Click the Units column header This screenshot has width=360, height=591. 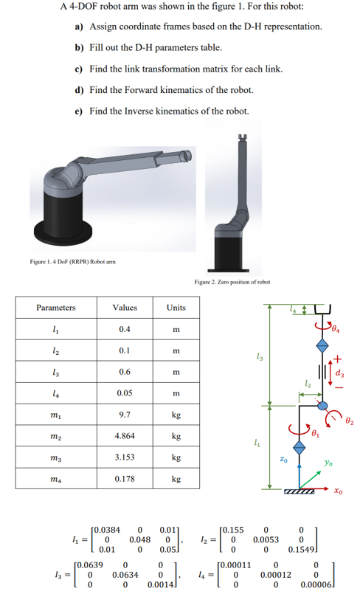tap(176, 307)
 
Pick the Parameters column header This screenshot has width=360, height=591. tap(56, 307)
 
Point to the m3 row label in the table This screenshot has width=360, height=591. tap(56, 457)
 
